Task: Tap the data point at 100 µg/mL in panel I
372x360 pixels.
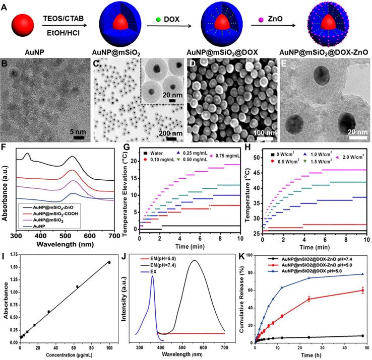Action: pos(109,262)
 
